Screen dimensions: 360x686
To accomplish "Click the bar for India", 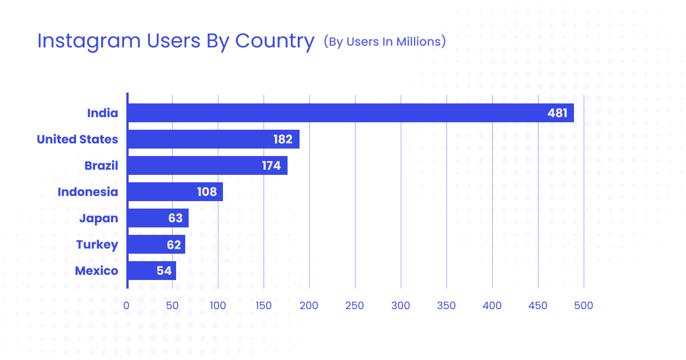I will (350, 113).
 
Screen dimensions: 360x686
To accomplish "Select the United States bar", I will (213, 139).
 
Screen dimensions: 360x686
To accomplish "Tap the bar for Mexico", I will (151, 271).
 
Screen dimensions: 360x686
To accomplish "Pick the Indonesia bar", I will (175, 192).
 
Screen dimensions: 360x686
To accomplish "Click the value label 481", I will (557, 113).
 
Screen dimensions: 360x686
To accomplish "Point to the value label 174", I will (272, 166).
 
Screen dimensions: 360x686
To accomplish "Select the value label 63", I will (176, 218).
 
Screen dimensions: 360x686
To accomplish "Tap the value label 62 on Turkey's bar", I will (174, 245).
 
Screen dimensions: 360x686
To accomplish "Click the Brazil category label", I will (101, 166).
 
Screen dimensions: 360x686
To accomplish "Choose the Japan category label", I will (98, 218).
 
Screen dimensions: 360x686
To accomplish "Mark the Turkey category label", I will (97, 245).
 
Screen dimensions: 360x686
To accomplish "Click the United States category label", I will (77, 139).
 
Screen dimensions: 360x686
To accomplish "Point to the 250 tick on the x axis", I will (355, 306).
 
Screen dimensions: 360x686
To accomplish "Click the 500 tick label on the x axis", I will (584, 306).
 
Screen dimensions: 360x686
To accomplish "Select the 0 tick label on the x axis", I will (126, 306).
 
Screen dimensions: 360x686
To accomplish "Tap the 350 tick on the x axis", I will (446, 306).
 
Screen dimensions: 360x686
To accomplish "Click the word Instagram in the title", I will (86, 42).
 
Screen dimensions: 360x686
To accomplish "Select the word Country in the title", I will (274, 42).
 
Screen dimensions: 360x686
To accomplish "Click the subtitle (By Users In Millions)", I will (384, 42).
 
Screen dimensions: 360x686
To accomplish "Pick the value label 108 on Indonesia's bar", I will (207, 192).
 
